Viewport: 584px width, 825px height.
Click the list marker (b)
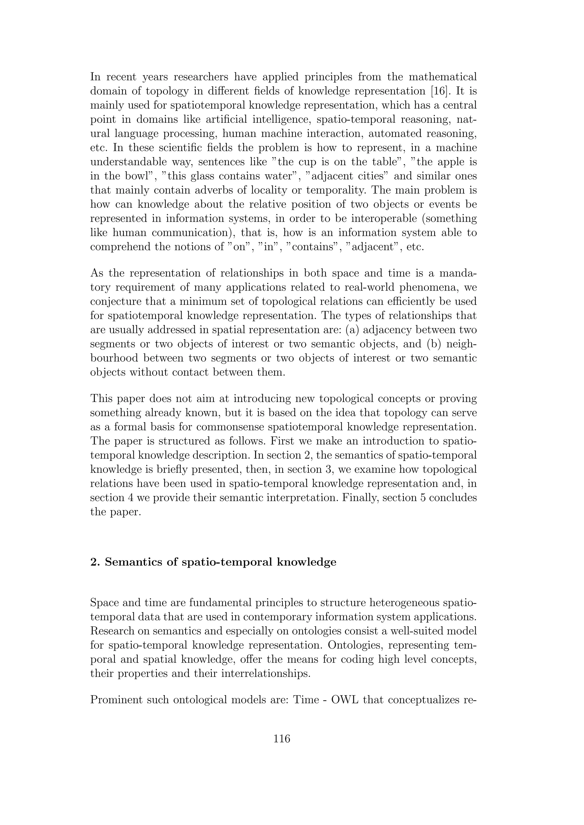(x=437, y=344)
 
